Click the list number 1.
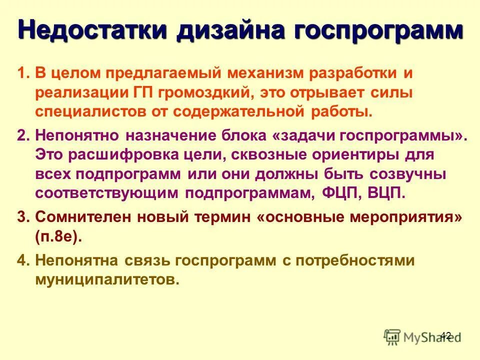tap(22, 73)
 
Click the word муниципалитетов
tap(107, 279)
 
